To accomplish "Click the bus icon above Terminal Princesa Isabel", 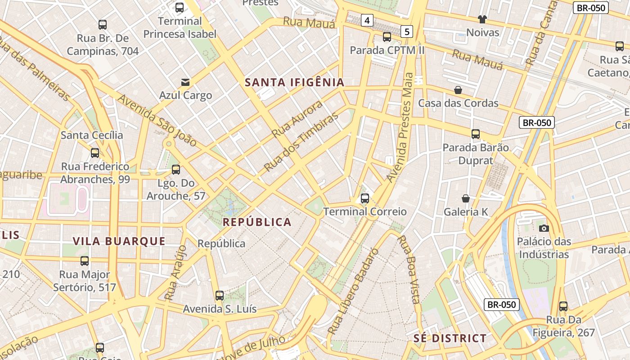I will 180,7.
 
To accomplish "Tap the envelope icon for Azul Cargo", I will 185,82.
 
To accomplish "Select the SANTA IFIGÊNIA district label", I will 295,82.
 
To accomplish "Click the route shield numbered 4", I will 368,20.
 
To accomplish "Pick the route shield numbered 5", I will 407,31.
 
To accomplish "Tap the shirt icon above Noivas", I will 482,19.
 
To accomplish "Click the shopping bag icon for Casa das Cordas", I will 458,90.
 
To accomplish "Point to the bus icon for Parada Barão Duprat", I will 476,134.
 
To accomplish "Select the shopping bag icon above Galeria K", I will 466,198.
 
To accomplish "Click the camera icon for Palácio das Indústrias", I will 544,228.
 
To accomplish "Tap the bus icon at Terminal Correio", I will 365,198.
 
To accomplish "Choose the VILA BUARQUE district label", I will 119,241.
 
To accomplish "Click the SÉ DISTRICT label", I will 450,338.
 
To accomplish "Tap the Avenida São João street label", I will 157,120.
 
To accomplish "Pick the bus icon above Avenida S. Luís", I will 220,296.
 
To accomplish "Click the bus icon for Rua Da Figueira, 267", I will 563,306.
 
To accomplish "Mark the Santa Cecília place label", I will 92,135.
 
